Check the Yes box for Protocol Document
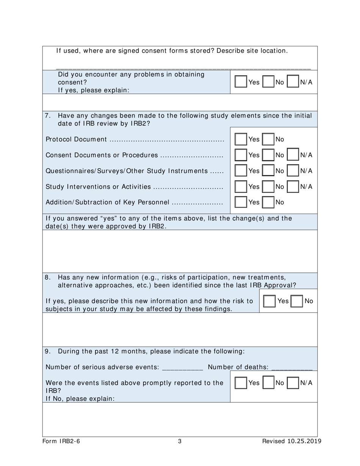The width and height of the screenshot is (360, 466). tap(241, 139)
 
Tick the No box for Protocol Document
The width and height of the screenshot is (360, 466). tap(269, 139)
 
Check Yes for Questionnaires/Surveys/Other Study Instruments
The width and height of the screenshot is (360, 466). tap(241, 171)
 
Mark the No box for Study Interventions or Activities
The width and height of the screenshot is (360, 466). tap(269, 186)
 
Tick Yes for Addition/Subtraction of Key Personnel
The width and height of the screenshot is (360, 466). tap(241, 202)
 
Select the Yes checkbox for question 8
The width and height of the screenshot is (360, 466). tap(269, 301)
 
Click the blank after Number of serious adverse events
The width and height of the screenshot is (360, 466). tap(182, 367)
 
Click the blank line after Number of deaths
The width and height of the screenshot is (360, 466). tap(292, 367)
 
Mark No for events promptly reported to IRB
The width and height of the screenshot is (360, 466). tap(269, 383)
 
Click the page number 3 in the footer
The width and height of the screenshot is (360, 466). tap(180, 441)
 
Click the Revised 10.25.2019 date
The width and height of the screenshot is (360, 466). tap(292, 441)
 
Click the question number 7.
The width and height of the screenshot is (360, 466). tap(47, 116)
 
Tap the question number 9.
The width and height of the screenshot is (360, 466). tap(47, 351)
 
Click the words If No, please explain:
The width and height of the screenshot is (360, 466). tap(80, 399)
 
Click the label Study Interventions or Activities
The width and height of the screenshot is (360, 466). tap(98, 187)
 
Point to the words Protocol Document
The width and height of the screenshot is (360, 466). tap(76, 139)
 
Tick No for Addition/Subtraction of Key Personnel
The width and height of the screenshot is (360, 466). tap(269, 202)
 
